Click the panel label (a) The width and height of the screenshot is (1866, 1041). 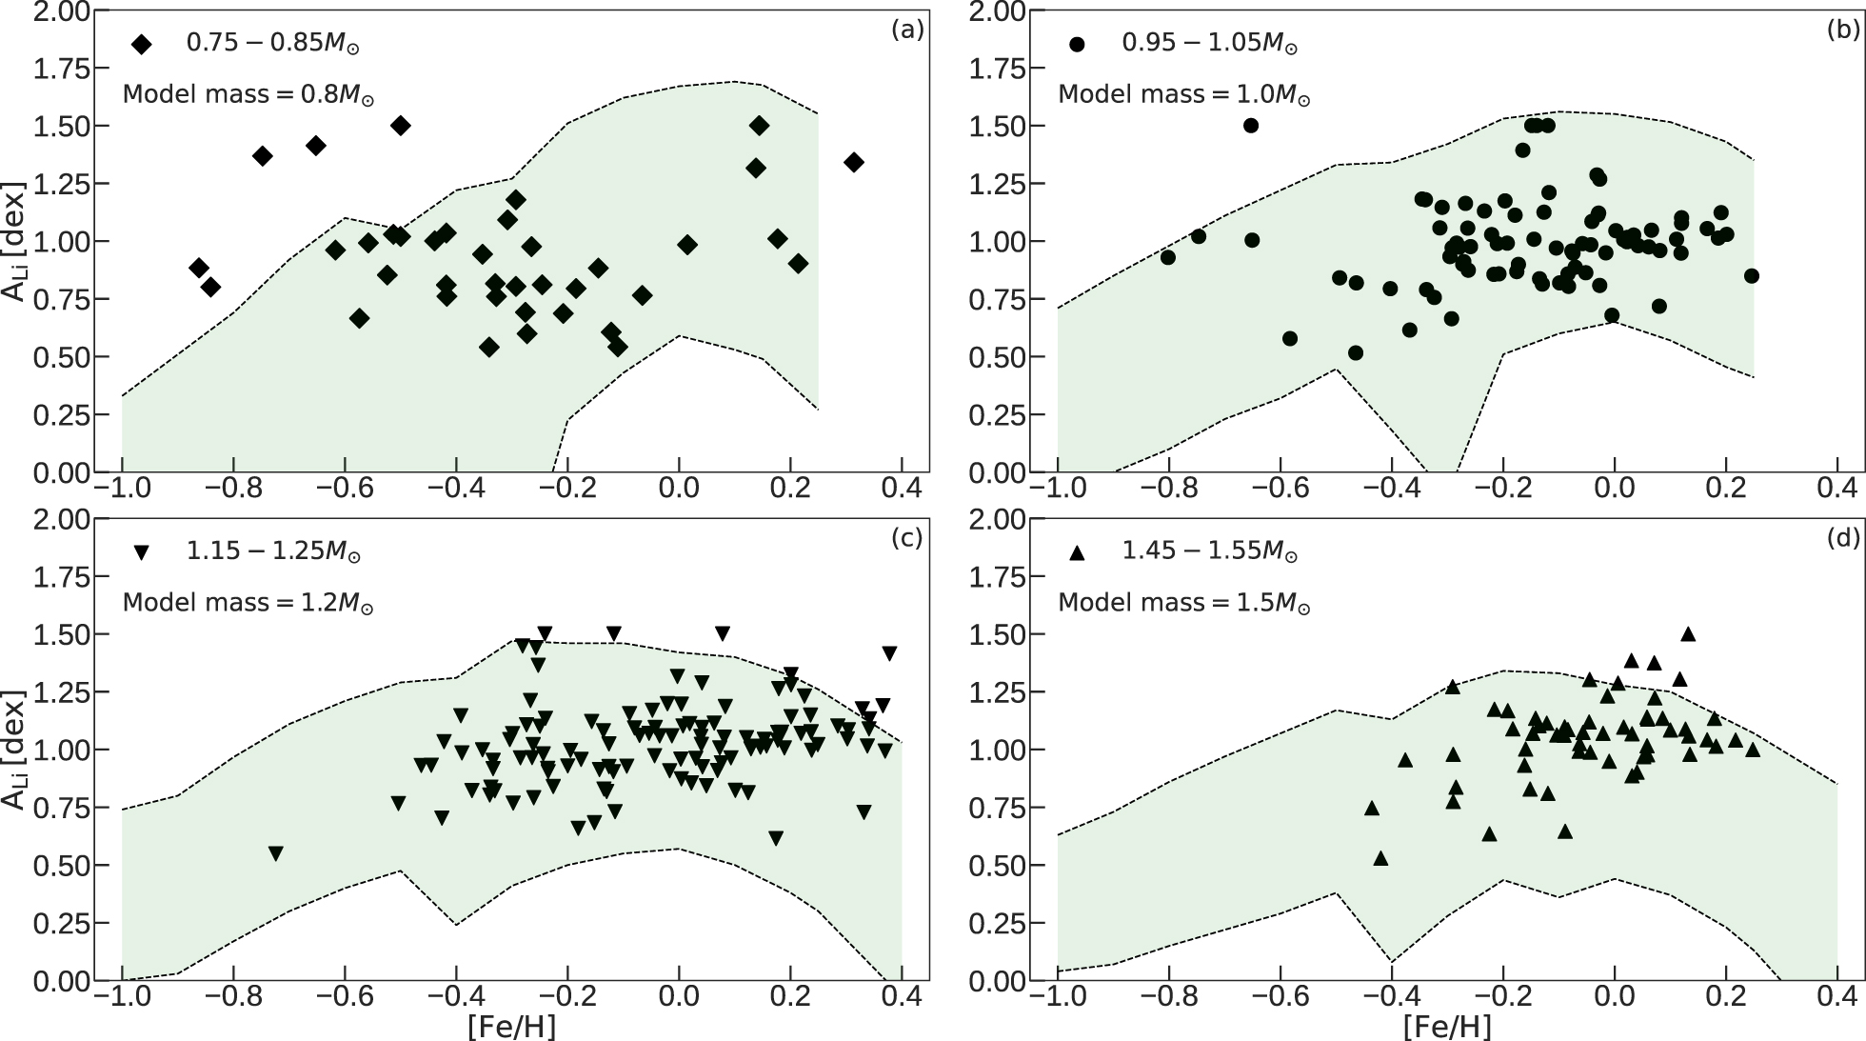click(907, 30)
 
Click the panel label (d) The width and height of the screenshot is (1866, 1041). click(1843, 538)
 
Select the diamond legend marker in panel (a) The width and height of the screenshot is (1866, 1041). click(142, 44)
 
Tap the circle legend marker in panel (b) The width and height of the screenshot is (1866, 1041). click(1077, 44)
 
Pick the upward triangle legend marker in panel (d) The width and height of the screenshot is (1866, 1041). click(1077, 551)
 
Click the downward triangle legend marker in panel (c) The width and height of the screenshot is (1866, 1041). click(142, 552)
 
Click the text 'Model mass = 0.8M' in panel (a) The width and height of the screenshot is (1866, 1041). click(248, 94)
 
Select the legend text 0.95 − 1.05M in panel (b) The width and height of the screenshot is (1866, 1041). click(1209, 43)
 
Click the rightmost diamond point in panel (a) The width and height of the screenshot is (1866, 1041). click(853, 162)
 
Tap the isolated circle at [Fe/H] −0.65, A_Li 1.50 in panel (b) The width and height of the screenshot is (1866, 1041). click(1251, 126)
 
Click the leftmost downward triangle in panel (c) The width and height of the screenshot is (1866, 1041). click(276, 853)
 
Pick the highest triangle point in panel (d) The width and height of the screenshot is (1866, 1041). click(1688, 633)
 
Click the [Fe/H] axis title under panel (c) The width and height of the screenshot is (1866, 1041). click(510, 1026)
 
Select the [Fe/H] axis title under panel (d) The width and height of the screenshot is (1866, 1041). click(1446, 1026)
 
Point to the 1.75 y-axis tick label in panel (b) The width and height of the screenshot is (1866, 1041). click(997, 70)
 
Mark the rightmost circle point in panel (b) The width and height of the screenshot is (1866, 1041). click(1751, 276)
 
